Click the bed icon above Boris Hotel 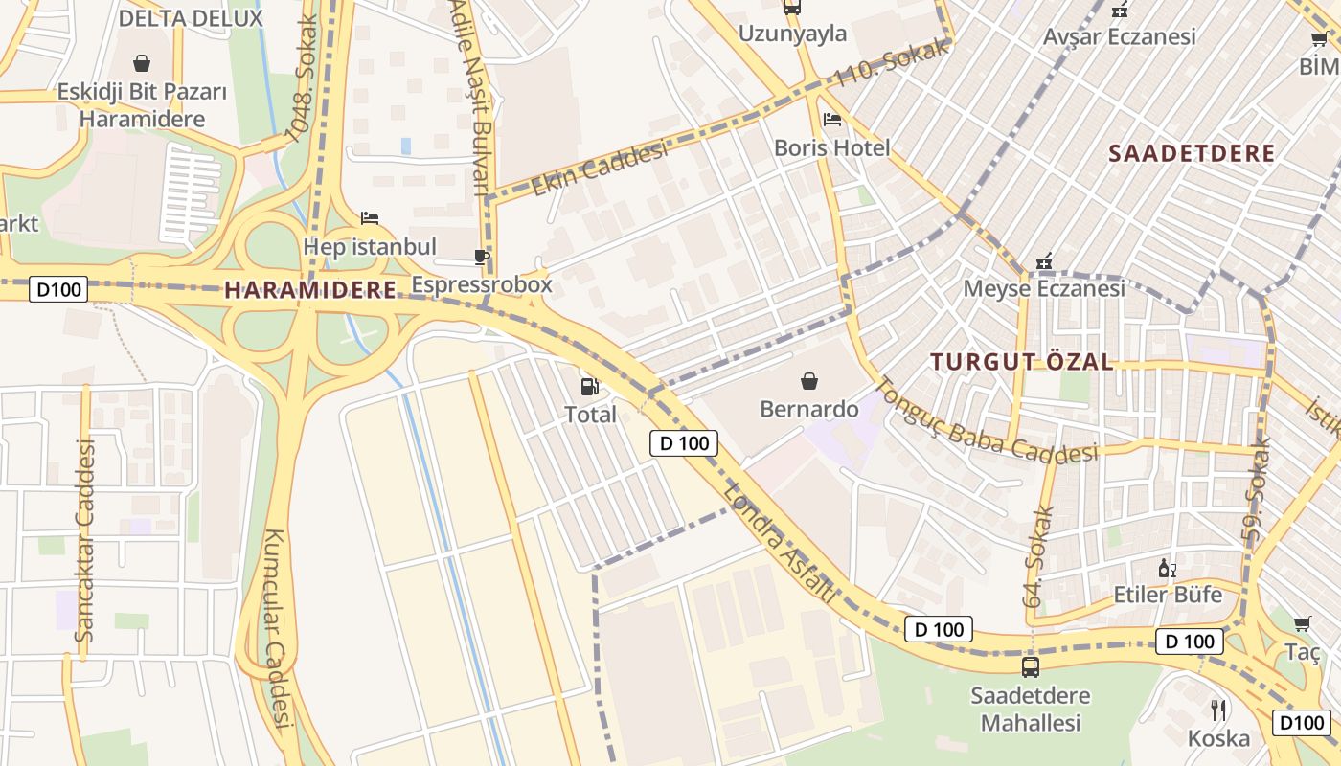(x=832, y=120)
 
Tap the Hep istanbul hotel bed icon (x=370, y=218)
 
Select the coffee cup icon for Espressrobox (x=482, y=257)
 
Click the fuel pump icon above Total (x=590, y=387)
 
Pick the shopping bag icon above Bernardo (x=809, y=381)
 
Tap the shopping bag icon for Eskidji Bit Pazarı (x=142, y=64)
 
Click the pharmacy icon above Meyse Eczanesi (x=1044, y=260)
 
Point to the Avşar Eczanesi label (x=1120, y=36)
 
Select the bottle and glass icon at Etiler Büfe (x=1168, y=568)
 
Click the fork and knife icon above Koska (x=1218, y=710)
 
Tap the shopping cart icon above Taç (x=1303, y=624)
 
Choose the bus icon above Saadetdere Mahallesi (x=1031, y=666)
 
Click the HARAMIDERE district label (x=310, y=290)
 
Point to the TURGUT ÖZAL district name (x=1022, y=361)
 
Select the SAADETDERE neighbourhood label (x=1192, y=153)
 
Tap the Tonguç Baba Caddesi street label (x=986, y=422)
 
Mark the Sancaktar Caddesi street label (x=84, y=541)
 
